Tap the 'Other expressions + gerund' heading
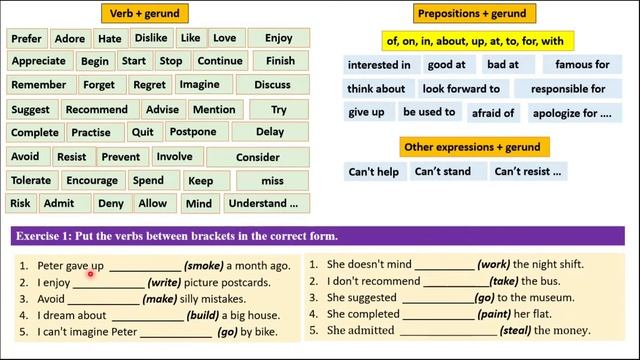472,147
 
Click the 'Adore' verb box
70,39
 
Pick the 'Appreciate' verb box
38,61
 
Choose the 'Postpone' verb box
193,132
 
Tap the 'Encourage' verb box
91,181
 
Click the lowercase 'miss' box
272,181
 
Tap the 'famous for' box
582,65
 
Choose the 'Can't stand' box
442,172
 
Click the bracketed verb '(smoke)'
203,266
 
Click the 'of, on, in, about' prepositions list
474,41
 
